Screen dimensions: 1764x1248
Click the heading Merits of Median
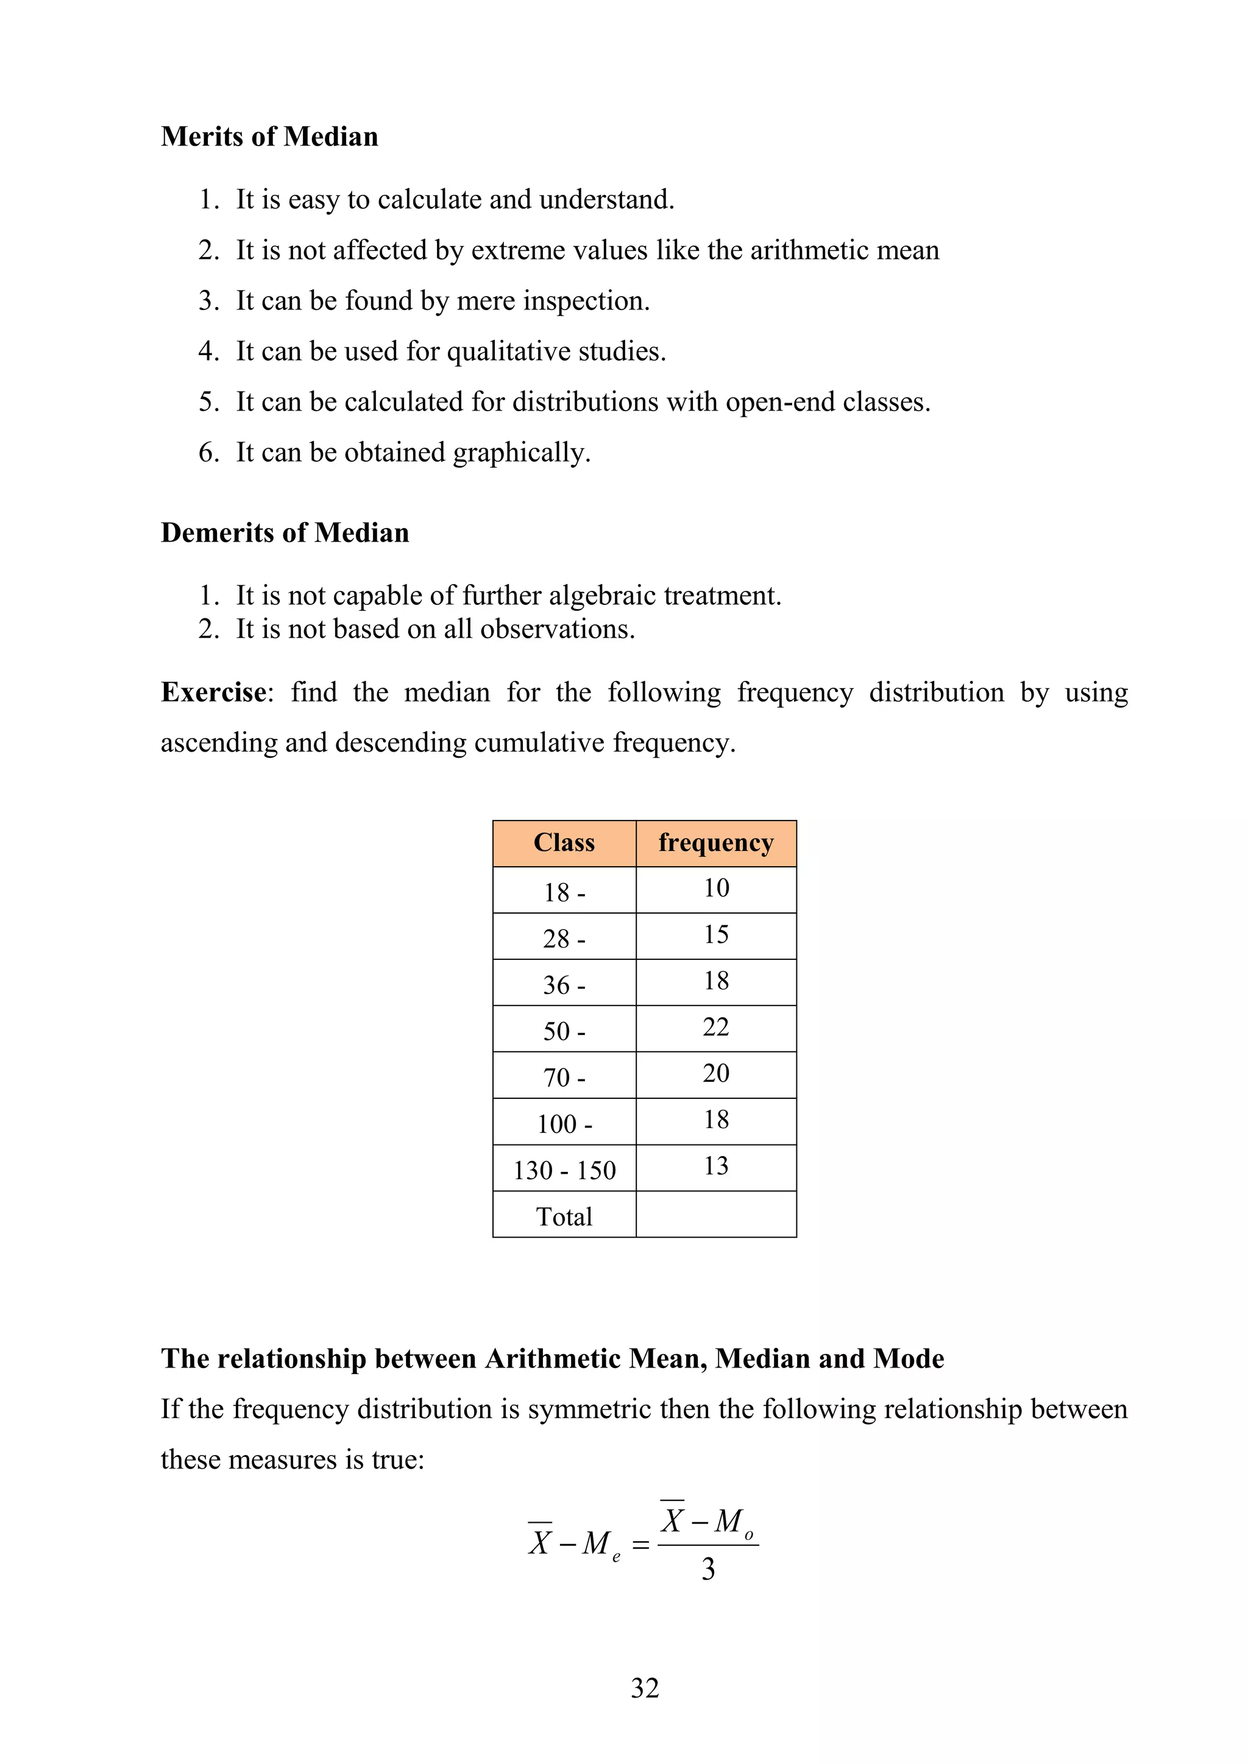click(269, 137)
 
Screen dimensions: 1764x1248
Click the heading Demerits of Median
click(285, 532)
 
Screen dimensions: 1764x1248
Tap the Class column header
click(564, 843)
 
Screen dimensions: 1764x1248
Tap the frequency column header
click(715, 843)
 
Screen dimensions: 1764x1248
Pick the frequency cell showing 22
click(715, 1027)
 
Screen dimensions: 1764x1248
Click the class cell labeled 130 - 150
click(564, 1170)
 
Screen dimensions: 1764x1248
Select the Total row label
click(564, 1217)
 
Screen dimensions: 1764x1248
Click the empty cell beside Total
click(715, 1215)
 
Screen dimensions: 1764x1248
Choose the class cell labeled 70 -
click(564, 1077)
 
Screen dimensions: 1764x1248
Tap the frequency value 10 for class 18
click(715, 888)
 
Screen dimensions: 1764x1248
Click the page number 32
click(645, 1688)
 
